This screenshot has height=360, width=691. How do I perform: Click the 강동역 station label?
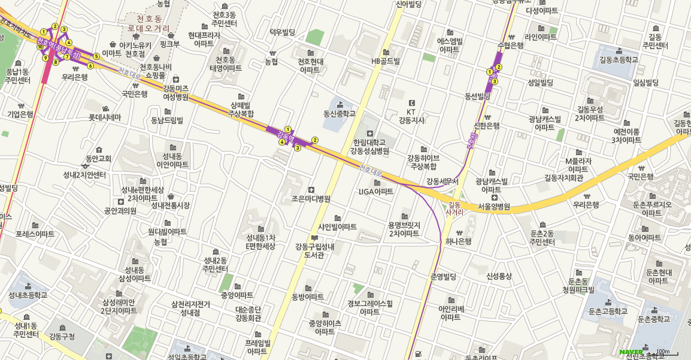(x=286, y=138)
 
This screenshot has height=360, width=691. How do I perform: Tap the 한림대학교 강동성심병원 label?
(x=371, y=147)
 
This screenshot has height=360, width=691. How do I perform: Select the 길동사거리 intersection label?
(x=455, y=208)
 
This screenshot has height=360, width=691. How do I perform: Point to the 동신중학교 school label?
(x=340, y=113)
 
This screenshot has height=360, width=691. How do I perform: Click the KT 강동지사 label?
(x=411, y=116)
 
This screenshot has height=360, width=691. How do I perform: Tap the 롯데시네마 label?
(x=105, y=117)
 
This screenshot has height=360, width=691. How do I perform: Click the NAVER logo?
(x=631, y=352)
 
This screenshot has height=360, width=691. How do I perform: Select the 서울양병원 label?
(x=493, y=207)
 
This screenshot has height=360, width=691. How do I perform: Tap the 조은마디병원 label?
(x=311, y=198)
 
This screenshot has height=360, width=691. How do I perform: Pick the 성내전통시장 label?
(x=170, y=205)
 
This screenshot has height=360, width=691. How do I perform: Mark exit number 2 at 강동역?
(x=315, y=140)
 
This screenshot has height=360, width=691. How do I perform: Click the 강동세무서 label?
(x=443, y=181)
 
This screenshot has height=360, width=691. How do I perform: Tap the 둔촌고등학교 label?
(x=608, y=311)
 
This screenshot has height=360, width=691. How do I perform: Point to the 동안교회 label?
(x=99, y=159)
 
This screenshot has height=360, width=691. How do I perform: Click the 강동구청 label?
(x=62, y=337)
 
